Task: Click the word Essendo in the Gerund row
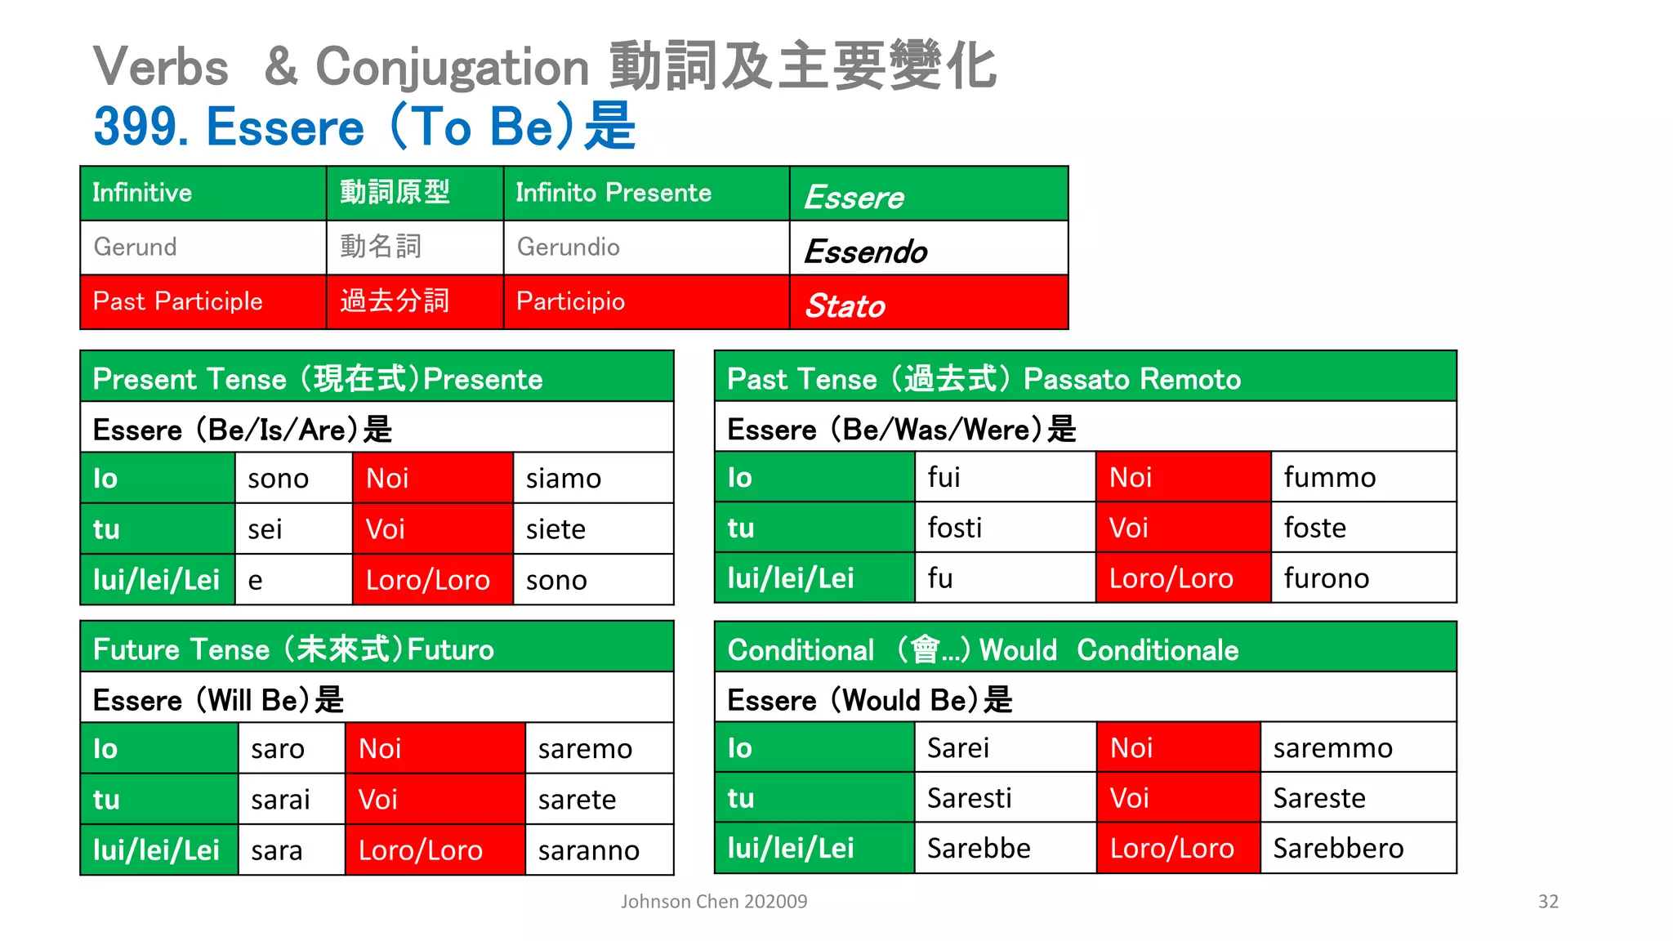click(x=865, y=252)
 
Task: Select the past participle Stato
click(x=845, y=305)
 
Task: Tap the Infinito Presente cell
click(x=613, y=193)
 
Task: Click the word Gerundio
click(x=569, y=247)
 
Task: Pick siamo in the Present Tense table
click(x=563, y=479)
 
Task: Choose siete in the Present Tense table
click(x=555, y=529)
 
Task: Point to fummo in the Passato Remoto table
click(x=1329, y=477)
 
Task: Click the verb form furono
click(x=1326, y=578)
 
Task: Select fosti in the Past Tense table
click(x=954, y=528)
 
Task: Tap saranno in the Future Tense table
click(x=588, y=850)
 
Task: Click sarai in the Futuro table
click(x=280, y=800)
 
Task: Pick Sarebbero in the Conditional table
click(x=1338, y=849)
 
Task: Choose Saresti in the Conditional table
click(x=969, y=798)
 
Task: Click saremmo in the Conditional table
click(x=1332, y=747)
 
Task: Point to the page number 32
click(x=1548, y=901)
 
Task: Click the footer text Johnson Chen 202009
click(x=713, y=901)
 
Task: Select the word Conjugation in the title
click(x=452, y=67)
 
